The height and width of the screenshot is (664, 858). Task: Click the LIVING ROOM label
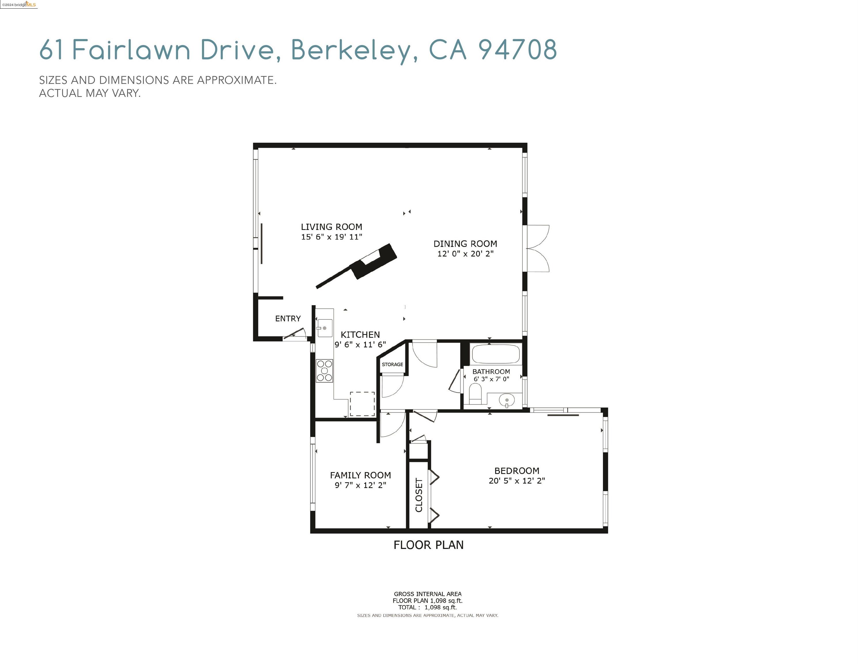click(331, 227)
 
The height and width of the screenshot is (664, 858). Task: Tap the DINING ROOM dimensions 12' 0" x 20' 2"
click(465, 254)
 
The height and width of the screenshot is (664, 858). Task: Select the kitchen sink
click(324, 328)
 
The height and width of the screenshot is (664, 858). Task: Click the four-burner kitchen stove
click(324, 371)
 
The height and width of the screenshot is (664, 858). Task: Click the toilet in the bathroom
click(475, 394)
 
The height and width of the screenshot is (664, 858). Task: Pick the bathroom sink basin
click(506, 400)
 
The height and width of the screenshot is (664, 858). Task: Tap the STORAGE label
click(392, 364)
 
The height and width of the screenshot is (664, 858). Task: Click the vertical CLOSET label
click(419, 495)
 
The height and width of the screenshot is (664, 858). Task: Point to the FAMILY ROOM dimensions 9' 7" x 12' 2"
click(360, 485)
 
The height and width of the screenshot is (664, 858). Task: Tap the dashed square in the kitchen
click(362, 403)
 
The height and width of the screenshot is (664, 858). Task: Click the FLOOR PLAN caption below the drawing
click(429, 545)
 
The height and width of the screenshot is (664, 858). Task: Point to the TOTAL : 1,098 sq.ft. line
click(427, 607)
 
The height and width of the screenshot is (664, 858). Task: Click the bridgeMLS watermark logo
click(19, 5)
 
